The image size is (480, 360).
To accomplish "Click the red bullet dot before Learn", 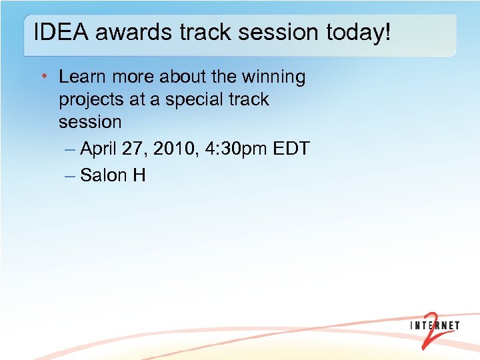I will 43,77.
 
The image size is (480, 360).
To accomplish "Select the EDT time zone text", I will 291,149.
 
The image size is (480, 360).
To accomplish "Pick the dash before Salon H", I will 71,175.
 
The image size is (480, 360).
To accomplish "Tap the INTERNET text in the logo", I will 435,325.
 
